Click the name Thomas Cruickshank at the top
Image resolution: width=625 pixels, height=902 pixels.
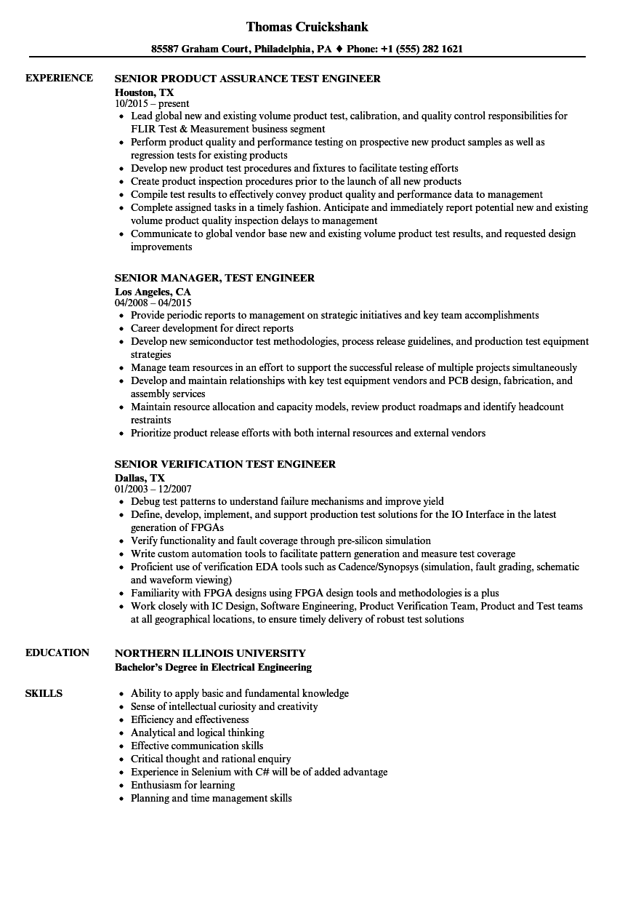[x=307, y=27]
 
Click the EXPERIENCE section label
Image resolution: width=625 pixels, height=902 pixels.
[x=59, y=78]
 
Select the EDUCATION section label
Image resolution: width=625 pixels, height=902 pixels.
[x=57, y=652]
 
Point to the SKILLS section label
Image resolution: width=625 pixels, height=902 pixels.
[x=44, y=693]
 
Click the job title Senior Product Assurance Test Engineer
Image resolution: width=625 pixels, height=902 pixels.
[x=248, y=79]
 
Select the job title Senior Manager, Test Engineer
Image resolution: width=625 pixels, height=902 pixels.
[x=214, y=278]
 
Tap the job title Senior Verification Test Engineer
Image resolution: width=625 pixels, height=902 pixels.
[x=225, y=464]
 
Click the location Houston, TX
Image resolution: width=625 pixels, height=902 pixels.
[x=144, y=92]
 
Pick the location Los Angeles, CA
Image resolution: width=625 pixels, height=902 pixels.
[x=153, y=291]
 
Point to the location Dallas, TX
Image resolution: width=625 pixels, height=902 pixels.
[x=140, y=477]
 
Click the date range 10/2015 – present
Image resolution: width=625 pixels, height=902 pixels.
[x=152, y=104]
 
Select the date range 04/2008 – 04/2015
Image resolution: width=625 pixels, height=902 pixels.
[x=153, y=303]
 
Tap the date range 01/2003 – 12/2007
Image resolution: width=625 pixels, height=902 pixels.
[x=153, y=490]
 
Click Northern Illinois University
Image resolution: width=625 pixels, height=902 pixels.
[x=210, y=653]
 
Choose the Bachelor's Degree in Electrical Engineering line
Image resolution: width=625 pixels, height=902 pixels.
[x=213, y=666]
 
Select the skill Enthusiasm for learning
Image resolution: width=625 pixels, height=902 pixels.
[x=182, y=785]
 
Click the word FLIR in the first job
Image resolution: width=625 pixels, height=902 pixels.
[x=143, y=129]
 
